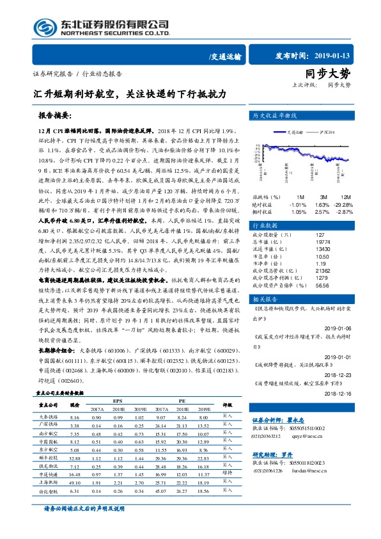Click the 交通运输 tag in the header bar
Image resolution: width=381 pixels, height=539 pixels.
point(225,57)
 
